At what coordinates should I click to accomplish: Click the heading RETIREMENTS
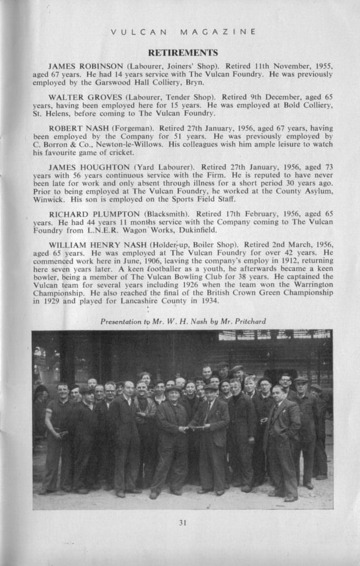182,53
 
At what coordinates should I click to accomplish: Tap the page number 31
182,522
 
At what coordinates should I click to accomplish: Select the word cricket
121,152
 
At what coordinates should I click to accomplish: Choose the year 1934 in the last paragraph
208,301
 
